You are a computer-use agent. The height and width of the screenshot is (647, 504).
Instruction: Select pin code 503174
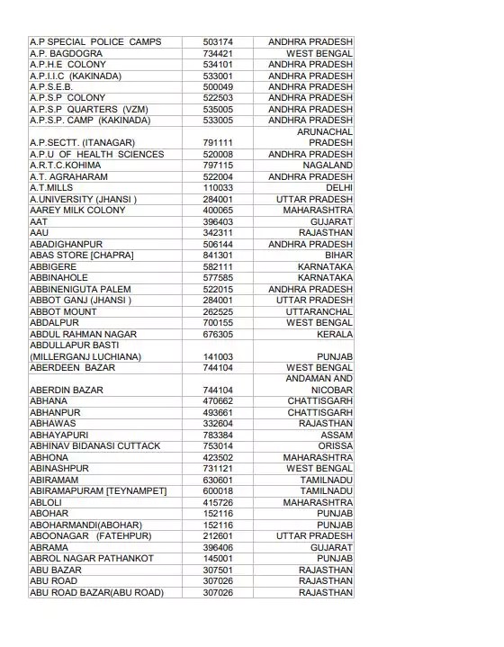point(218,42)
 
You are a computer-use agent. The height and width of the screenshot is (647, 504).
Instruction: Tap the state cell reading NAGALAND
point(328,166)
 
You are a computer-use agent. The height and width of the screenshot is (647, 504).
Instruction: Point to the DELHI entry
point(338,188)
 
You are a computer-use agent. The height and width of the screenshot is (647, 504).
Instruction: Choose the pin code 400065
point(218,211)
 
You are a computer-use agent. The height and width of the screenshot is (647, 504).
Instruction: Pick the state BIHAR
point(338,256)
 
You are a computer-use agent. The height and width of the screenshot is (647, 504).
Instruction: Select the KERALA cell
point(335,334)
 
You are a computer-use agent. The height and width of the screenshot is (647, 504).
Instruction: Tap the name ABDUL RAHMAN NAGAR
point(83,334)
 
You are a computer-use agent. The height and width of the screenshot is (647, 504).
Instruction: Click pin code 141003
point(218,356)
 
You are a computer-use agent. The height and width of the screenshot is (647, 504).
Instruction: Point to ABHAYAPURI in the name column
point(60,435)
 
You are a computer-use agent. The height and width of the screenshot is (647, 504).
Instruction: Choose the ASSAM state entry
point(337,435)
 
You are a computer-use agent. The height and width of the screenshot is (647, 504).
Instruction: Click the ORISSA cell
point(336,446)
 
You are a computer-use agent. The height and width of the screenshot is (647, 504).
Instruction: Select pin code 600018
point(218,491)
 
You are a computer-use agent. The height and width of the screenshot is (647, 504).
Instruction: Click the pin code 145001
point(218,559)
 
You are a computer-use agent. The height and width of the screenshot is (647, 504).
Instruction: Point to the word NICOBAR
point(329,390)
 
